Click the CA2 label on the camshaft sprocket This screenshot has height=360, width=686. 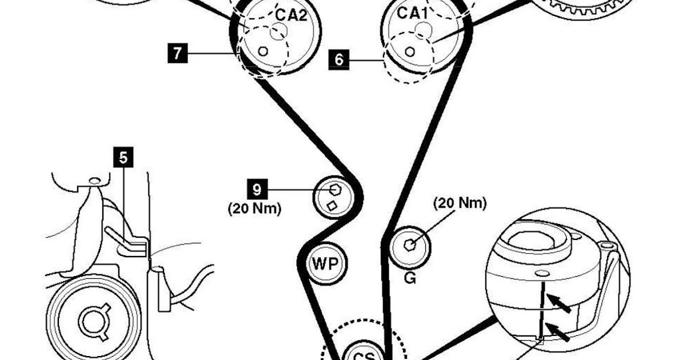pos(291,14)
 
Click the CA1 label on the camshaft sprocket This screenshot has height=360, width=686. pos(409,14)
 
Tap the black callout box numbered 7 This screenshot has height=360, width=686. pos(177,54)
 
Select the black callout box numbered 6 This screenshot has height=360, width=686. pos(339,59)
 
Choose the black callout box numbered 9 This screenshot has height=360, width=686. pos(257,188)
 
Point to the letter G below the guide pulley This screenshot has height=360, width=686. pos(409,279)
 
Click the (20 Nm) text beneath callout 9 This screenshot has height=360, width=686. pos(255,209)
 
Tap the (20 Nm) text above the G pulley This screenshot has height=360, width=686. pos(460,203)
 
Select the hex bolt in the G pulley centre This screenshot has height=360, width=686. pos(409,244)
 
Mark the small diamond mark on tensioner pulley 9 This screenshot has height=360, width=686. pos(331,206)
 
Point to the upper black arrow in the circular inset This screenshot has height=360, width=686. pos(560,302)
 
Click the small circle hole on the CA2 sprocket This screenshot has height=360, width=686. pos(263,51)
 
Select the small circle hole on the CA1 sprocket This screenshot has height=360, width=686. pos(409,51)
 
